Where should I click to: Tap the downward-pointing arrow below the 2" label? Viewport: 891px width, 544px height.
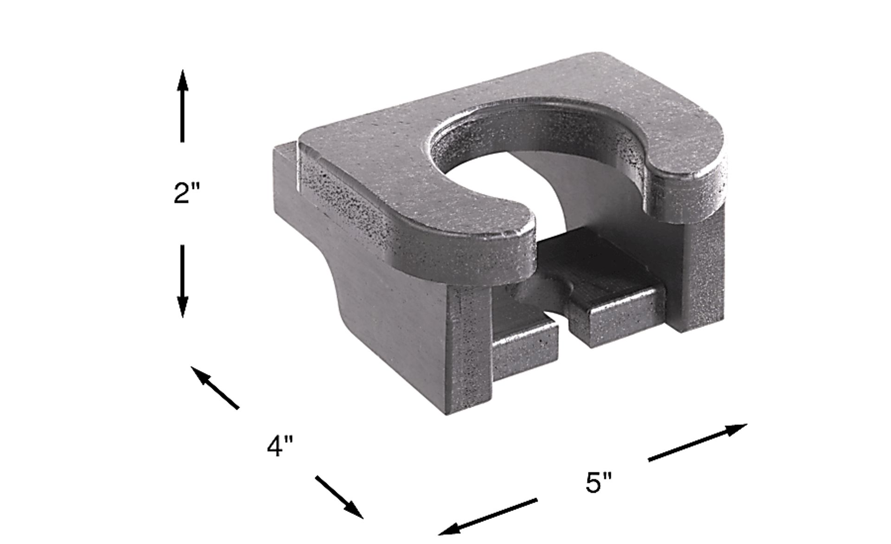click(182, 281)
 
